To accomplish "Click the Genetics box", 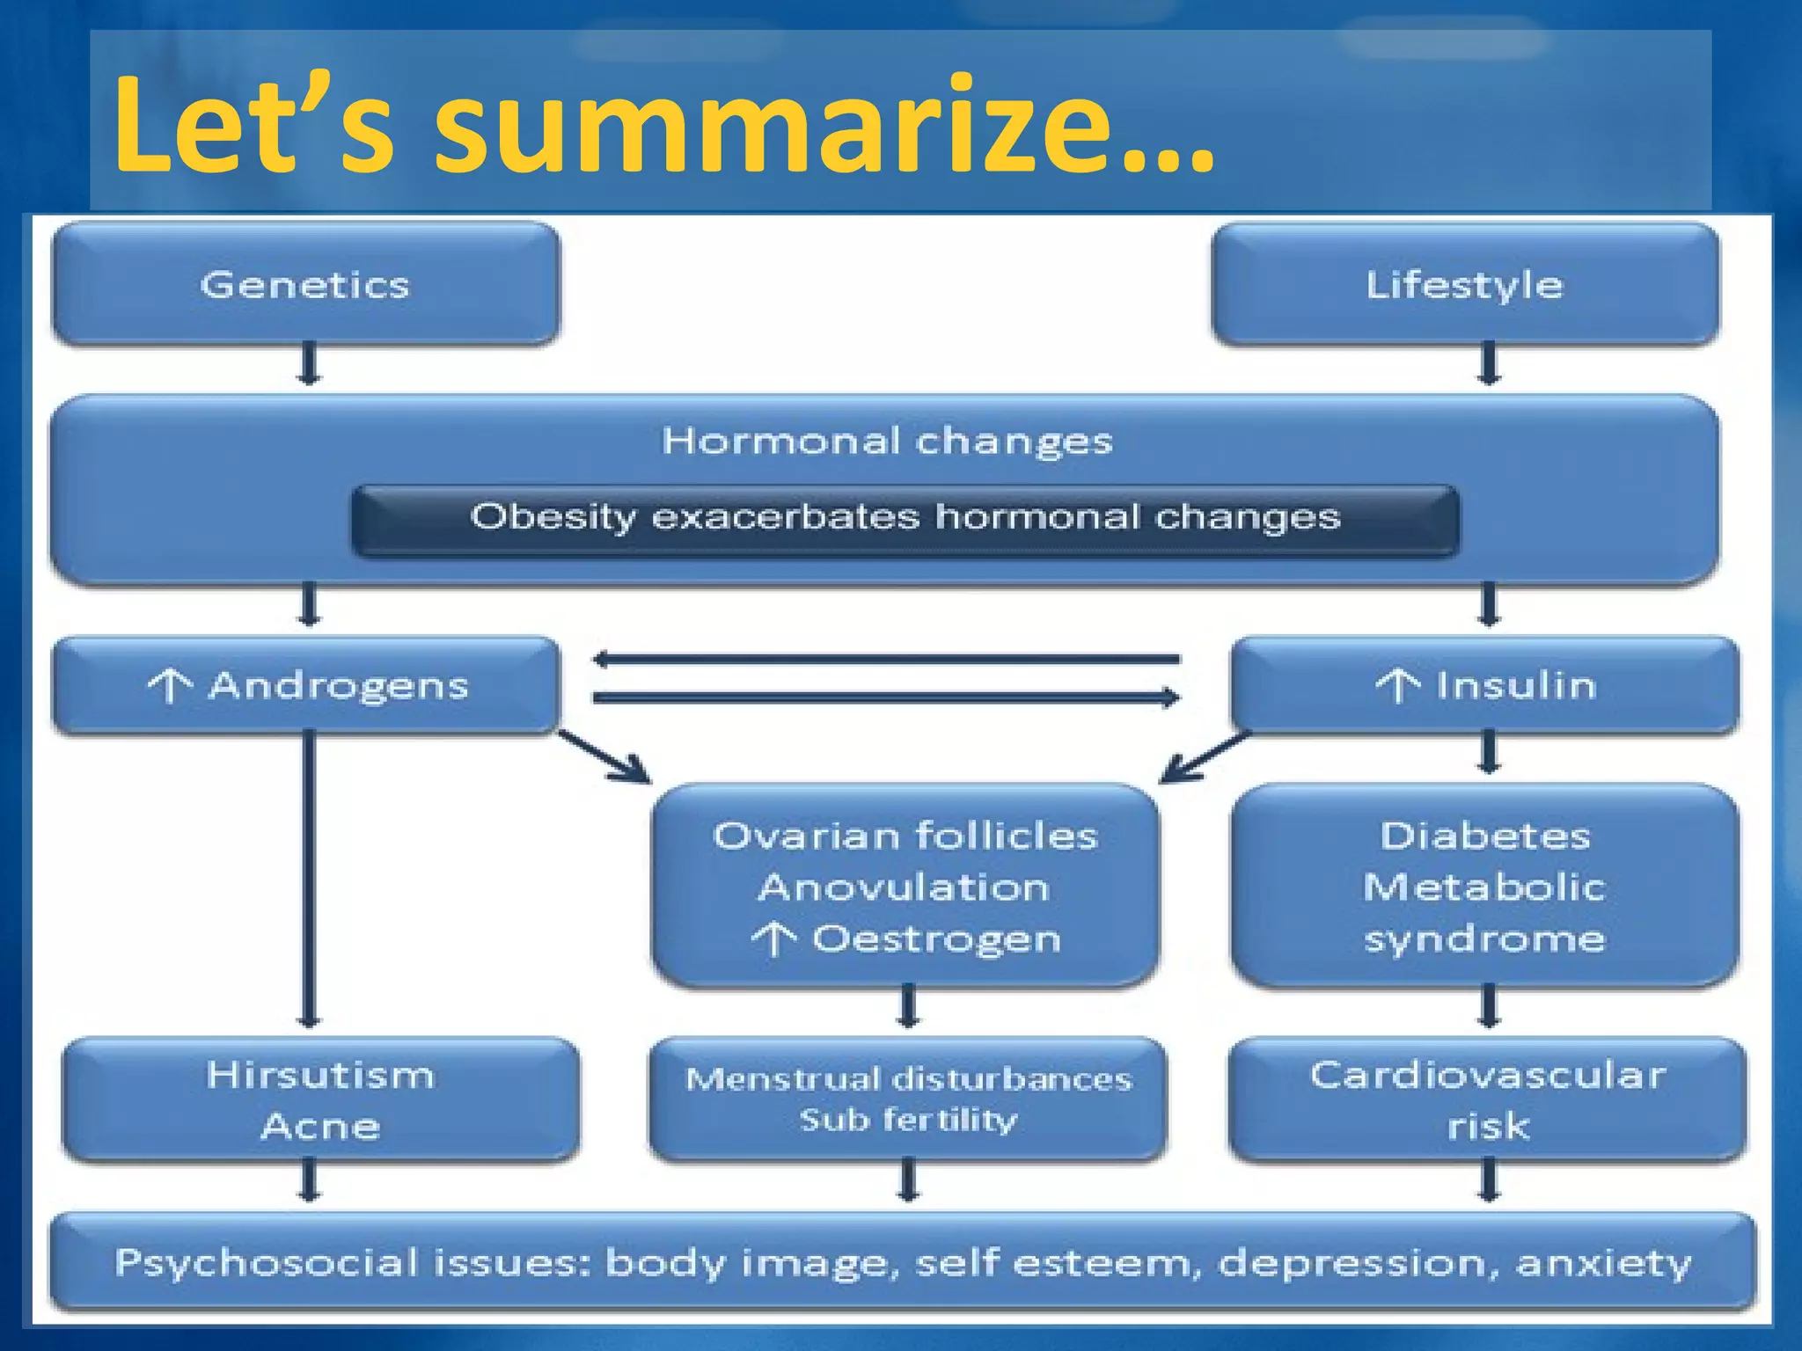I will [305, 284].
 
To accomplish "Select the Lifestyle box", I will [1464, 284].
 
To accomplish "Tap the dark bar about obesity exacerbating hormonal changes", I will [905, 519].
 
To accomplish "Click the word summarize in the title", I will [823, 128].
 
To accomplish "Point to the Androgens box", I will [305, 685].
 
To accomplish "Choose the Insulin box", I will [1485, 685].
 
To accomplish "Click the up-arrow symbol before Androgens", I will [169, 686].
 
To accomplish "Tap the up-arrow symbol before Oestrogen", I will [773, 939].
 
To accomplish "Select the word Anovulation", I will [904, 887].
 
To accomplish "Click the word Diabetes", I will [1485, 836].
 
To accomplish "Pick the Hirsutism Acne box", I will [320, 1099].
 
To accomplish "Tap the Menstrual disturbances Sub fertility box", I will [908, 1099].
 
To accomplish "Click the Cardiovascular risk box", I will [1487, 1099].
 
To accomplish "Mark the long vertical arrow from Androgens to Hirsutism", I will [309, 880].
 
